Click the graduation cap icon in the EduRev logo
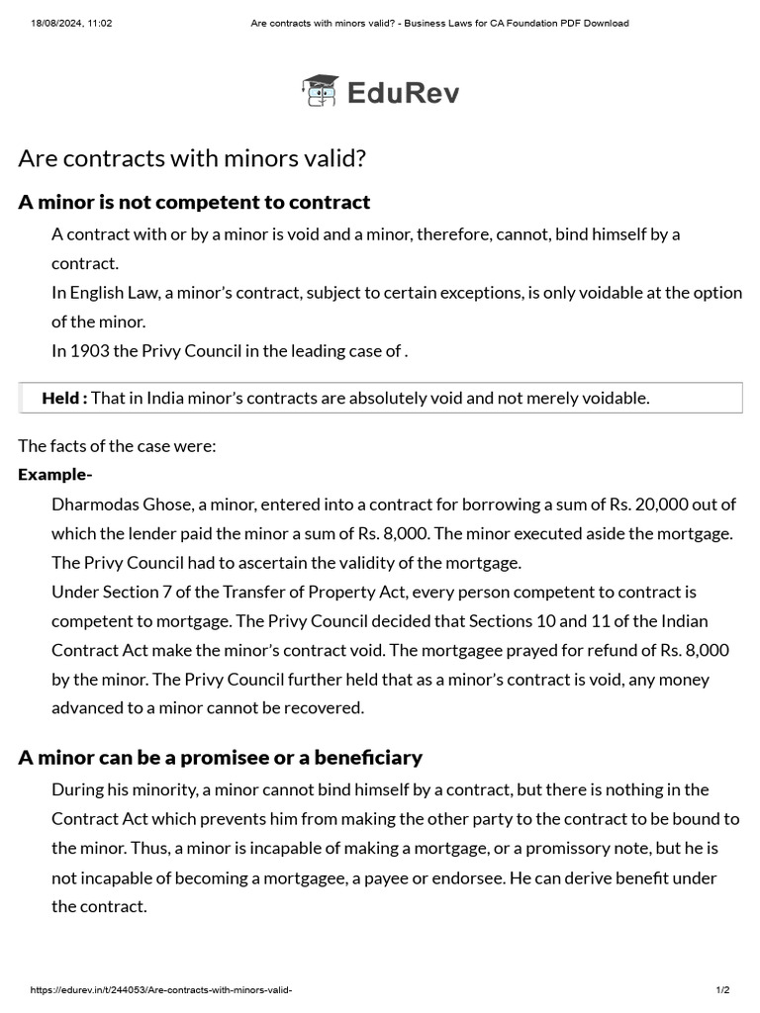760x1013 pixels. [x=320, y=91]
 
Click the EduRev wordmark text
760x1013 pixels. [x=403, y=93]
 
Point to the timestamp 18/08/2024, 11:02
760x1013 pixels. [x=71, y=23]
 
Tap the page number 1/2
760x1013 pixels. [x=722, y=990]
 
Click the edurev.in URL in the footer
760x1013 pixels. [x=161, y=990]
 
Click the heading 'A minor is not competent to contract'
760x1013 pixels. [x=194, y=203]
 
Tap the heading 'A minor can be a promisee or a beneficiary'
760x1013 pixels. [x=220, y=758]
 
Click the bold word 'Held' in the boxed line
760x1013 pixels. [x=60, y=398]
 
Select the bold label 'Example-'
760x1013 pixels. [x=55, y=475]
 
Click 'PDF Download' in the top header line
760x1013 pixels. [x=594, y=23]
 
